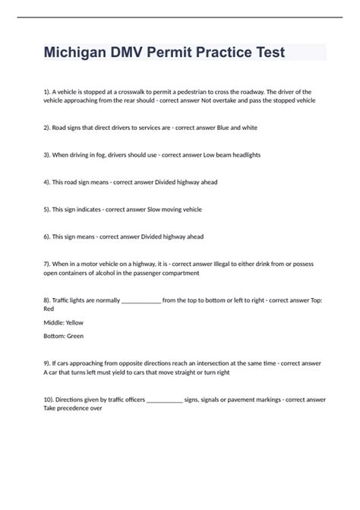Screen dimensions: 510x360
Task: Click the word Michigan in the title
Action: pos(76,53)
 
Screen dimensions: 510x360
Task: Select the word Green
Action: pos(74,335)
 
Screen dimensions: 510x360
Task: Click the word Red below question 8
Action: pos(49,309)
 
